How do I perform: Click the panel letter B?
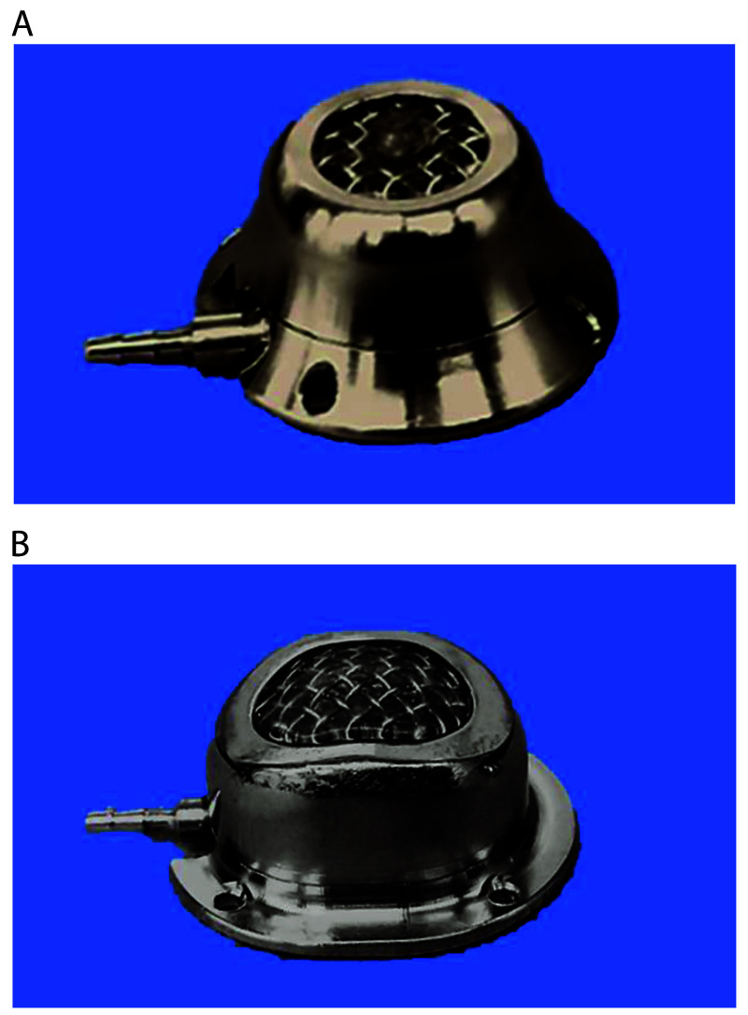point(21,544)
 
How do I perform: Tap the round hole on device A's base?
point(318,386)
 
